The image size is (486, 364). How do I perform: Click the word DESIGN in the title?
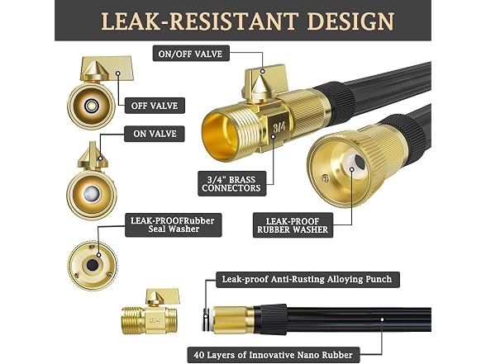click(x=350, y=21)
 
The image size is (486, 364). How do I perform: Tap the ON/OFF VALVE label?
click(x=191, y=54)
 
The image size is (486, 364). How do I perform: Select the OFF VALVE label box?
click(x=155, y=106)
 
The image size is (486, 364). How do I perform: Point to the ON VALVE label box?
click(x=155, y=134)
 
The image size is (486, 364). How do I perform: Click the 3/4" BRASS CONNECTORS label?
click(x=231, y=184)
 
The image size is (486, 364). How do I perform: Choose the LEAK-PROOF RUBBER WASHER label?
click(x=293, y=225)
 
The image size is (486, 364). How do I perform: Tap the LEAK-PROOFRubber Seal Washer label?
click(x=173, y=225)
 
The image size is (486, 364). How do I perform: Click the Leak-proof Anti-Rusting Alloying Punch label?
click(x=307, y=280)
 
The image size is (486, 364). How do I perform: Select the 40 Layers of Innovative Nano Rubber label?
click(x=274, y=355)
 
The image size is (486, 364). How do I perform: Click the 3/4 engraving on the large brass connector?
click(x=279, y=126)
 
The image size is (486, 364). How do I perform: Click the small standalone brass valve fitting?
click(x=150, y=312)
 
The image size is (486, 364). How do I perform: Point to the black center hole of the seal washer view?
click(x=92, y=265)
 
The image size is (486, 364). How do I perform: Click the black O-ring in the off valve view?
click(x=92, y=106)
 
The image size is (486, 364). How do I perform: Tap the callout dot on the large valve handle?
click(x=262, y=71)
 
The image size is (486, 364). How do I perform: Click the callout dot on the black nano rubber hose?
click(x=382, y=319)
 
